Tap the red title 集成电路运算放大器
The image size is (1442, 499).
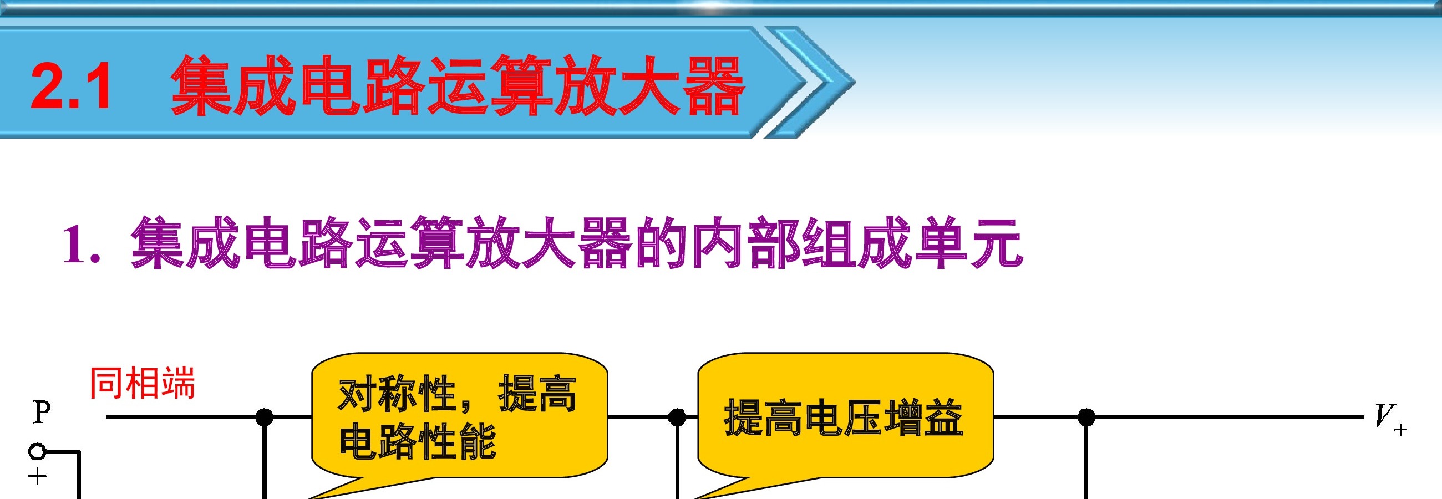[x=458, y=85]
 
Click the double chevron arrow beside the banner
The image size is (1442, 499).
[x=809, y=82]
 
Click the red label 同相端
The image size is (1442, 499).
[x=142, y=383]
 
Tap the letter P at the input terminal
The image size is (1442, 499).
[x=42, y=413]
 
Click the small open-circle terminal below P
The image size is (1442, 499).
[x=37, y=451]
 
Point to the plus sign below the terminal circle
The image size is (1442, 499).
[x=37, y=477]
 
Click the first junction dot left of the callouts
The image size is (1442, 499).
[x=264, y=417]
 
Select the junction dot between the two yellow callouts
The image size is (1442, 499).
[x=677, y=417]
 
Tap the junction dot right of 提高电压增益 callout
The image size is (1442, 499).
[x=1086, y=417]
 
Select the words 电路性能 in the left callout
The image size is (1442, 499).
[x=417, y=441]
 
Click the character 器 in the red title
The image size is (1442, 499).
[x=714, y=85]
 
